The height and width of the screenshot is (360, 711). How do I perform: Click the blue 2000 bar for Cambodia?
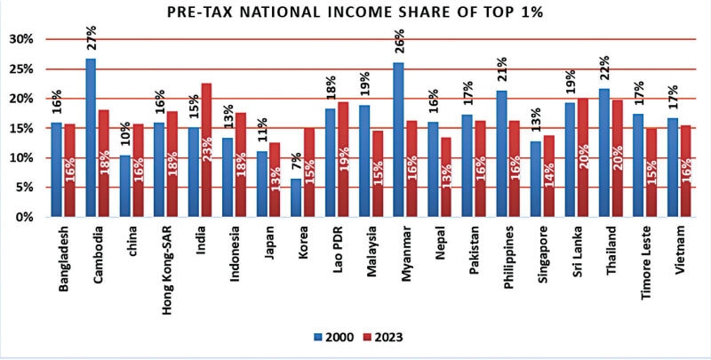[91, 138]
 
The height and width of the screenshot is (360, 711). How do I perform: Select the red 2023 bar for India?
[205, 150]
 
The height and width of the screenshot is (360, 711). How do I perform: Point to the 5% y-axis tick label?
[22, 188]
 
